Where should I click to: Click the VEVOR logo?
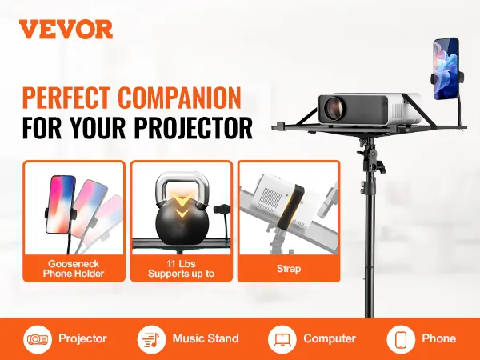(x=66, y=30)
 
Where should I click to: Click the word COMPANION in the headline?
(x=180, y=98)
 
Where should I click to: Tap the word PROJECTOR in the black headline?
(x=194, y=127)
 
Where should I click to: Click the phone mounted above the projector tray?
(x=446, y=69)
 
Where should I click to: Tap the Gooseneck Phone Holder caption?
(x=74, y=269)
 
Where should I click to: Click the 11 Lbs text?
(x=181, y=263)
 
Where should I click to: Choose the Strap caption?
(x=289, y=269)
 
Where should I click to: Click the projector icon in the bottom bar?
(x=38, y=339)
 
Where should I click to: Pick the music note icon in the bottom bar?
(x=151, y=339)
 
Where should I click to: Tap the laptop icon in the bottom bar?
(x=282, y=339)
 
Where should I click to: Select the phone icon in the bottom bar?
(x=401, y=339)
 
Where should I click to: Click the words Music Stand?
(x=206, y=338)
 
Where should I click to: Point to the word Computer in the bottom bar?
(x=330, y=339)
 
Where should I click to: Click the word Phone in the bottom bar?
(x=439, y=338)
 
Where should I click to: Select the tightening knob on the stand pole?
(x=378, y=167)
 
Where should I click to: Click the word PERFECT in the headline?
(x=66, y=98)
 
